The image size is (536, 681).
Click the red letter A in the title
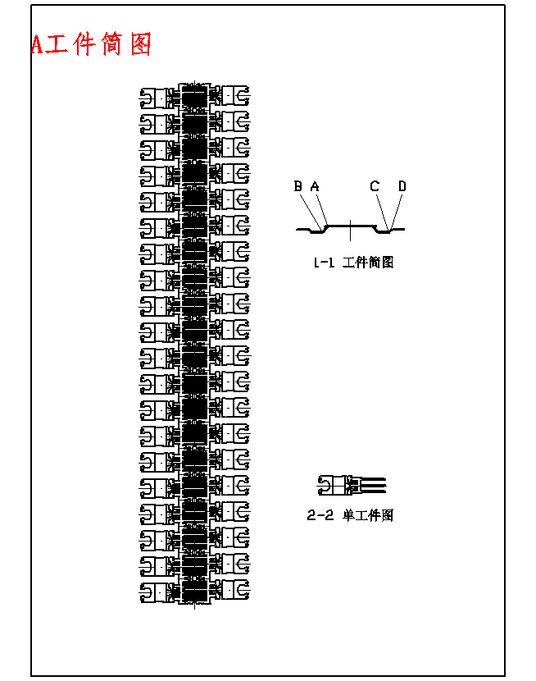click(37, 44)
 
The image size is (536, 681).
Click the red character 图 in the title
click(141, 44)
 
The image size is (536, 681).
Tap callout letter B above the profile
click(298, 187)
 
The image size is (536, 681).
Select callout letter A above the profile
click(315, 187)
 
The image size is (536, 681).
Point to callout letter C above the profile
click(375, 187)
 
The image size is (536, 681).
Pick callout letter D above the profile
click(402, 187)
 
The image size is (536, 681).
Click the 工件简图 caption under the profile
click(368, 263)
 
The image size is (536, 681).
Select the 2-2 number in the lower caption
click(319, 516)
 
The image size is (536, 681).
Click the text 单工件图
click(368, 516)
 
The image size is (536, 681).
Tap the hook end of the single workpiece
click(325, 486)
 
